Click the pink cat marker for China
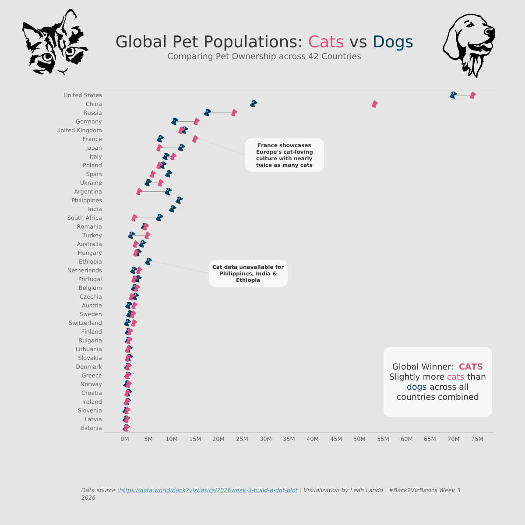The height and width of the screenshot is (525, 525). [374, 104]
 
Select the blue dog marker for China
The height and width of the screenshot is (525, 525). [253, 104]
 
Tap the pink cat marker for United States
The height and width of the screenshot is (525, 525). [472, 95]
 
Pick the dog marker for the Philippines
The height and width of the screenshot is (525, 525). [179, 200]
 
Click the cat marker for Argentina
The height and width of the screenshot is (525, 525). [139, 191]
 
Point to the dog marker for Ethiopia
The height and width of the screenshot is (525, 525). [148, 261]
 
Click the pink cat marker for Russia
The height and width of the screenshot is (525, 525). [234, 113]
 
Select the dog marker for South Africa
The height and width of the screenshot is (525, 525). [159, 218]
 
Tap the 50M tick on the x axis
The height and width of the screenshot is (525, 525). [359, 439]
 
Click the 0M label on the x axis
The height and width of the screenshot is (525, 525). [125, 439]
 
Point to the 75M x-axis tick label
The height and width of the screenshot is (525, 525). [477, 439]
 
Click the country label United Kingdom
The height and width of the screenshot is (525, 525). [79, 130]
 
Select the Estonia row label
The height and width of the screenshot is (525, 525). [91, 428]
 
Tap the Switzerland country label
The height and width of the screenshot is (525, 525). [85, 323]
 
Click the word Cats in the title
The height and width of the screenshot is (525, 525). [326, 42]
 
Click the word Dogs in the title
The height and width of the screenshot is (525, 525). [393, 42]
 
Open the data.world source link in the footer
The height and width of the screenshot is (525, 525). [208, 490]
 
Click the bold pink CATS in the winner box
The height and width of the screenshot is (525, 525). [471, 367]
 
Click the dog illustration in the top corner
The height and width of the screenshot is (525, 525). [469, 44]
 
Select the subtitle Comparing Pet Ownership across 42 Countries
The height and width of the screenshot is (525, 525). [264, 56]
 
